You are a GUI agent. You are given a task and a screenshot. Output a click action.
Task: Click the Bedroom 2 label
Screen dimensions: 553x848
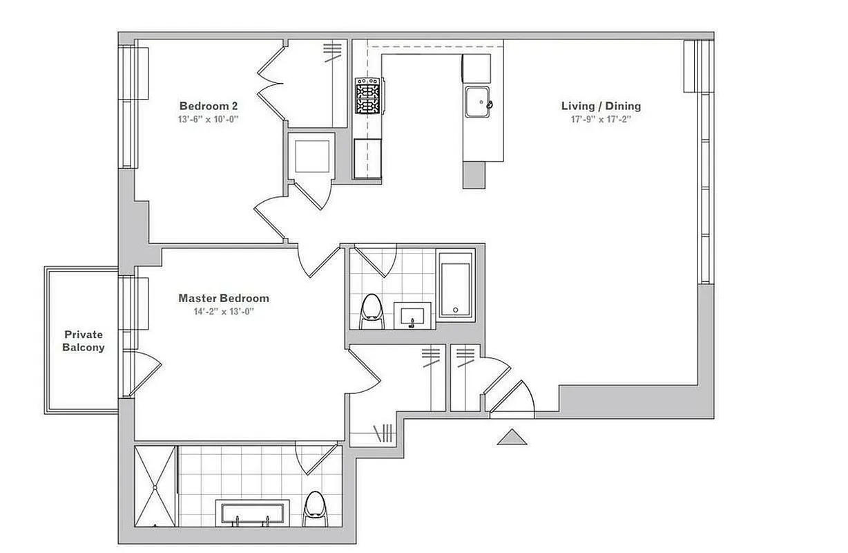pyautogui.click(x=209, y=106)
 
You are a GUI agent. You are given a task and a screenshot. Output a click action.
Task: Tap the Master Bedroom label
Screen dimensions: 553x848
pyautogui.click(x=224, y=299)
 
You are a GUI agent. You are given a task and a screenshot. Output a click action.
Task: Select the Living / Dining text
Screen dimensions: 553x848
pyautogui.click(x=601, y=106)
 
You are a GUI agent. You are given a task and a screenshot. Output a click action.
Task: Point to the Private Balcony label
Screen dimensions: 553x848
pyautogui.click(x=84, y=341)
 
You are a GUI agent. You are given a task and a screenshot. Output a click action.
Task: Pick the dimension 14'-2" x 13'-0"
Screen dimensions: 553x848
pyautogui.click(x=224, y=311)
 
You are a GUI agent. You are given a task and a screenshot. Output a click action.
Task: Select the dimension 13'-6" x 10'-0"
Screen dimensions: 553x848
pyautogui.click(x=209, y=119)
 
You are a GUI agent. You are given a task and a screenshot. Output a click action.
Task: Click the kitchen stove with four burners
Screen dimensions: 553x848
pyautogui.click(x=369, y=96)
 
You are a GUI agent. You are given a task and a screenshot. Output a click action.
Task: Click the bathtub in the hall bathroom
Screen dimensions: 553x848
pyautogui.click(x=455, y=286)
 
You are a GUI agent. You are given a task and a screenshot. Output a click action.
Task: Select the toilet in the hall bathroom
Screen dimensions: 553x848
pyautogui.click(x=372, y=312)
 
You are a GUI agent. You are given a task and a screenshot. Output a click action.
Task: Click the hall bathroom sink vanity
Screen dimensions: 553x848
pyautogui.click(x=413, y=317)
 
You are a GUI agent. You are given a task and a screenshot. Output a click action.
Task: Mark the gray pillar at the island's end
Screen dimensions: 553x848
pyautogui.click(x=474, y=175)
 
